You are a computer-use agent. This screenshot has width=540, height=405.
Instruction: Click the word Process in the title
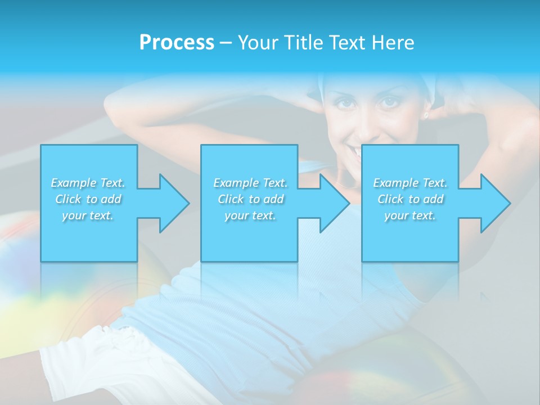(177, 43)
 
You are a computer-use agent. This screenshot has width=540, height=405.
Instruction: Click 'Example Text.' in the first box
(88, 183)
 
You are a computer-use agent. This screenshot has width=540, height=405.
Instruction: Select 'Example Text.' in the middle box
(250, 183)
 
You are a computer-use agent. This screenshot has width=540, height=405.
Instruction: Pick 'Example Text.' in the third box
(410, 183)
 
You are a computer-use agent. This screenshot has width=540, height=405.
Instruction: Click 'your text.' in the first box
(88, 215)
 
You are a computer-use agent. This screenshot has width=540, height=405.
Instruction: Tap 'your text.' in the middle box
(250, 215)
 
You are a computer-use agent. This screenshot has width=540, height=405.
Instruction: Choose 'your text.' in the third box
(410, 215)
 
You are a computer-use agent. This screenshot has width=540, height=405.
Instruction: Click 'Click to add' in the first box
(88, 199)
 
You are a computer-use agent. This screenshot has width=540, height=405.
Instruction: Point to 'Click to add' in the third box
(410, 199)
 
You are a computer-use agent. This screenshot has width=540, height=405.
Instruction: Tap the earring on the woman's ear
(426, 115)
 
